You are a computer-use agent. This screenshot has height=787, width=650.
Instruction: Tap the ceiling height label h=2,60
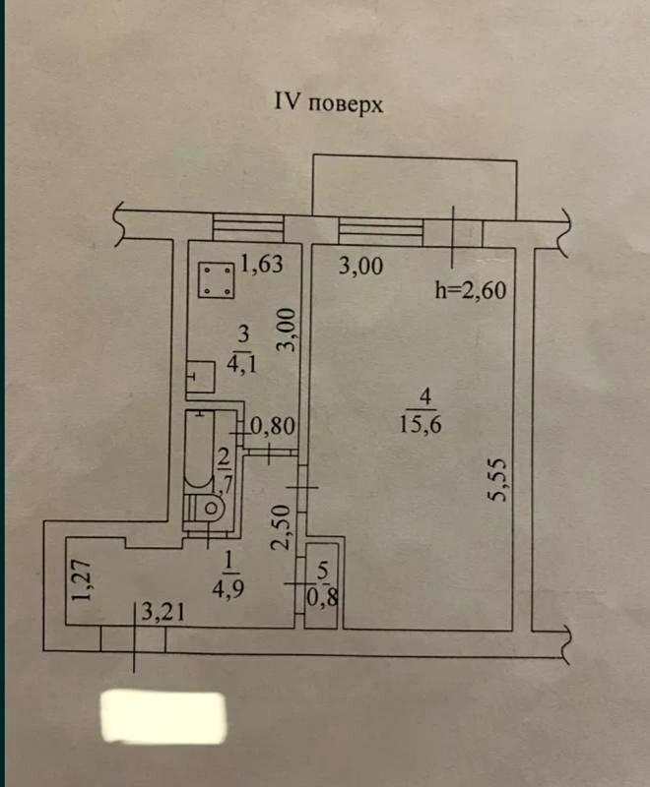click(470, 290)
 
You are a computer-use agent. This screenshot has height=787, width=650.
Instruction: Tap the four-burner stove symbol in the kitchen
click(217, 279)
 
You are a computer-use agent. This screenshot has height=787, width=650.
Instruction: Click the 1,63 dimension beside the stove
click(262, 264)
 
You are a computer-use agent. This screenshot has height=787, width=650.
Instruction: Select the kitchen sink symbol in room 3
click(203, 377)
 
